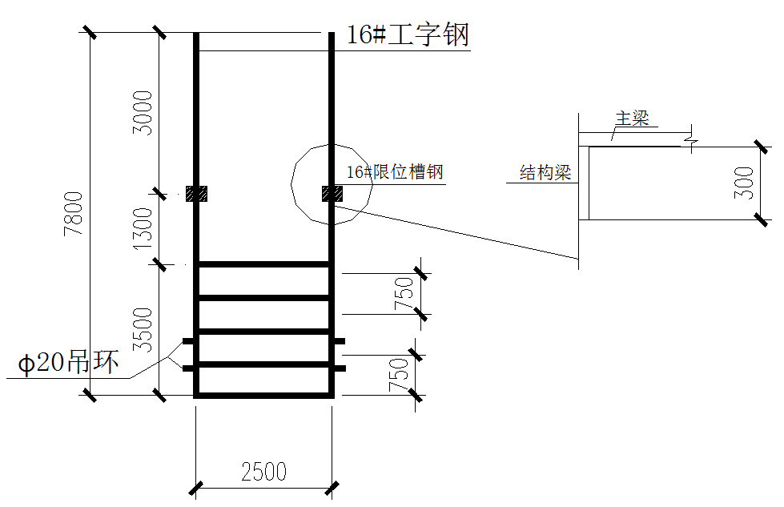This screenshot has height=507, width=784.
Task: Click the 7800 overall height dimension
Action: point(74,214)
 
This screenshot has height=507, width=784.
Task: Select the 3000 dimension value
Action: point(143,112)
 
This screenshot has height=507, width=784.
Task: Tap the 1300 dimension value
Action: point(143,228)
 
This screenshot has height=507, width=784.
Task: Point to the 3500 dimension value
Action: point(143,330)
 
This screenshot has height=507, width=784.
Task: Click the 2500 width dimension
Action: point(264,472)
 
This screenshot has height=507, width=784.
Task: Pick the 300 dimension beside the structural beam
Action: point(744,183)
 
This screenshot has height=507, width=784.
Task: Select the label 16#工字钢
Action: point(408,34)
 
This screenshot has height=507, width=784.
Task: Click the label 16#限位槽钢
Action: point(395,172)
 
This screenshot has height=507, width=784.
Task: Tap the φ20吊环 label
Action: point(69,361)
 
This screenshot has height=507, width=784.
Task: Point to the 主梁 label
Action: point(632,119)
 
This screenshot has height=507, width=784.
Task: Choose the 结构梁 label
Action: point(545,173)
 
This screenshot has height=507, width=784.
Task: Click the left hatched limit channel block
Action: point(196,194)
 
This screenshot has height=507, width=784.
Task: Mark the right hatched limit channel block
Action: point(332,194)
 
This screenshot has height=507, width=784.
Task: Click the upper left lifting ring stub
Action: point(188,341)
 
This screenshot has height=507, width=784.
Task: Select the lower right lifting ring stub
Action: point(340,368)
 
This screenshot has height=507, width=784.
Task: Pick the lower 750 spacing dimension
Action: point(399,375)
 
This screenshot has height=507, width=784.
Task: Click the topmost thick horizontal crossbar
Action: point(264,264)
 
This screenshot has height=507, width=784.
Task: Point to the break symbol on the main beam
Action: point(691,139)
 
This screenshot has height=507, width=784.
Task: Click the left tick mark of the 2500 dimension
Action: point(196,488)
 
